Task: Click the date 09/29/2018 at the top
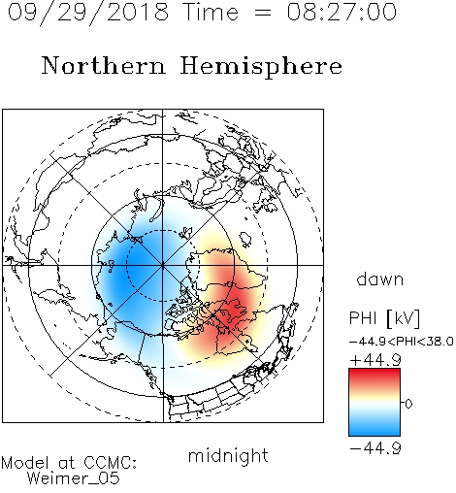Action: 88,12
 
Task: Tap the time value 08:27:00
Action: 342,12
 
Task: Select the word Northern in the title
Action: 104,66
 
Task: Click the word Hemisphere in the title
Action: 261,66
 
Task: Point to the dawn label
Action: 380,279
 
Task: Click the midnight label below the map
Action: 228,456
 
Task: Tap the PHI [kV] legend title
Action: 384,318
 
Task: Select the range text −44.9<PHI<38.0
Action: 402,342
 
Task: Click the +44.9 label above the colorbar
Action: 375,360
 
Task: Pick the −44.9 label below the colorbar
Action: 375,448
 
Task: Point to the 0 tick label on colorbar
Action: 408,404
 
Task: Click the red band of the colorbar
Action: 375,376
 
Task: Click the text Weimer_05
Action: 74,478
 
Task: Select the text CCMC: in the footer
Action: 111,463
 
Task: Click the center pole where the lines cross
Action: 163,265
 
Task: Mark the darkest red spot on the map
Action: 235,303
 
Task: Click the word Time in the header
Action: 211,12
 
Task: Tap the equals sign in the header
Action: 263,14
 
